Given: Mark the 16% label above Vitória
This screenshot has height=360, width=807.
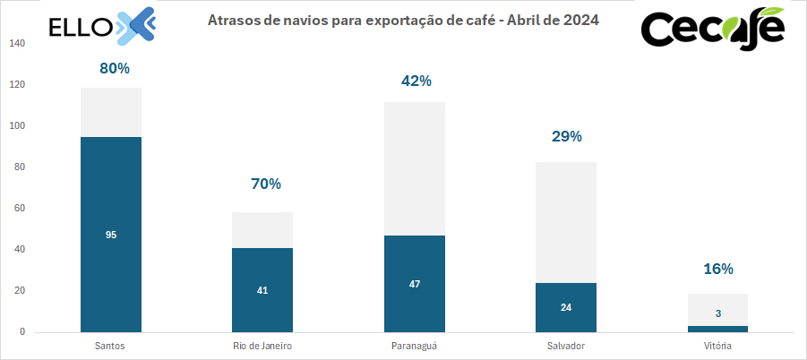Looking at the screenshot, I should [717, 269].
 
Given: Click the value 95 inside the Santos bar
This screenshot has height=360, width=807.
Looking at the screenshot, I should [111, 235].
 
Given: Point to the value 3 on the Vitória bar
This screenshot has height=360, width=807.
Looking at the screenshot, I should [717, 313].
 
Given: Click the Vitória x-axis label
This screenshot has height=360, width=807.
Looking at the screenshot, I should [717, 345].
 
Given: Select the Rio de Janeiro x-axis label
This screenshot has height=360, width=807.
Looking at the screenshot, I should [262, 345].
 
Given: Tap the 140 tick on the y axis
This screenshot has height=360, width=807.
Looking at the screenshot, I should [17, 44].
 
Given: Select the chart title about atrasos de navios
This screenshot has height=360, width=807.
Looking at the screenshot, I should [403, 19].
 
